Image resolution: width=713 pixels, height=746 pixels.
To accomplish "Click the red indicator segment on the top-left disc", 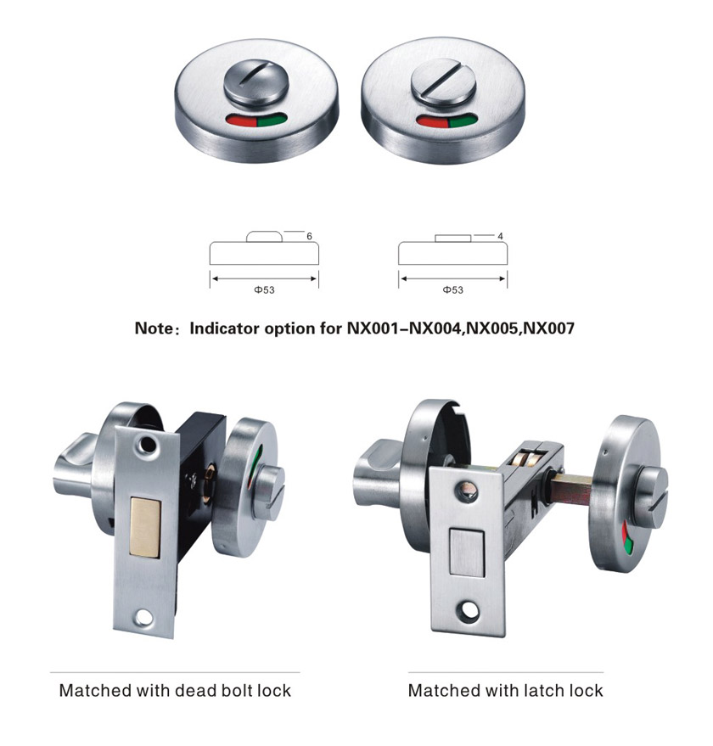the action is click(242, 120).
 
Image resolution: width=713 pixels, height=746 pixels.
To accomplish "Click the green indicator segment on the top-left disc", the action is click(272, 120).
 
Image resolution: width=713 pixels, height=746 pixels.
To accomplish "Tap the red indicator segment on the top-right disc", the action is click(432, 121).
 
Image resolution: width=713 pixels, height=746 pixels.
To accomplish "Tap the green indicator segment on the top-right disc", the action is click(462, 121).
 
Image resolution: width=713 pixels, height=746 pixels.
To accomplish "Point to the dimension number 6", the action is click(309, 236).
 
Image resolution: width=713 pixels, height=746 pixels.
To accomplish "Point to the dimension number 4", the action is click(500, 236).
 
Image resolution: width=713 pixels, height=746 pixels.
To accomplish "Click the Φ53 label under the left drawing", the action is click(264, 289).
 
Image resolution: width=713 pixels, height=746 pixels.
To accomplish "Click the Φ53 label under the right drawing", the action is click(452, 289).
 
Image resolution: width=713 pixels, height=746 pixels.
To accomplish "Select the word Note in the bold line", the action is click(154, 328).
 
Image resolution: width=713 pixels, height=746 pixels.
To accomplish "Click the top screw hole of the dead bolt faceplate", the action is click(148, 445).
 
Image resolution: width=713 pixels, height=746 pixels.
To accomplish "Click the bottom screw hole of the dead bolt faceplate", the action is click(143, 618).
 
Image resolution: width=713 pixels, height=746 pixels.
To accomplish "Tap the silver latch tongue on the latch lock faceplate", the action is click(466, 552).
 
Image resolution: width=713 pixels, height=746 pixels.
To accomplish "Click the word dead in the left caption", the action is click(194, 690).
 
